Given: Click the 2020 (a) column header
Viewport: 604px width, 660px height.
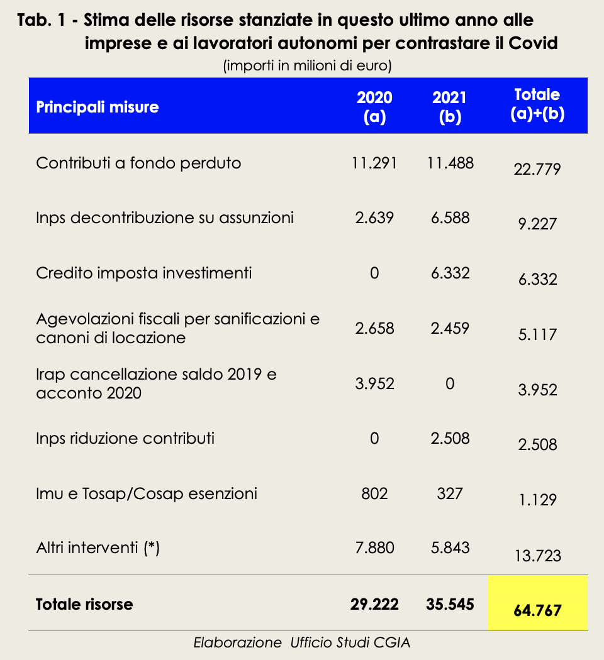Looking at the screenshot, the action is [374, 107].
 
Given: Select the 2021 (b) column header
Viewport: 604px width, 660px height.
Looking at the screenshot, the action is [449, 107].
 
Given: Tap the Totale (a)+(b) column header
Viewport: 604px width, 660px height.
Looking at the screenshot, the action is [537, 104].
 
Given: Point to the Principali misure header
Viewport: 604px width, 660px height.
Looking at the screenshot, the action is [98, 107].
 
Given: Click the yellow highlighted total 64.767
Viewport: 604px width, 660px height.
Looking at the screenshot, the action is [537, 610].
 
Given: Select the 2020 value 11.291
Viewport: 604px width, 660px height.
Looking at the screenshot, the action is [374, 163].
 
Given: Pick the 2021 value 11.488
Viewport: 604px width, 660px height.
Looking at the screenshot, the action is [450, 163].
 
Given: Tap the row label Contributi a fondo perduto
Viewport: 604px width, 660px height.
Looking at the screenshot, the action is [138, 163].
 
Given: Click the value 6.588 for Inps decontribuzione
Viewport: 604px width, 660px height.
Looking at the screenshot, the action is [450, 218].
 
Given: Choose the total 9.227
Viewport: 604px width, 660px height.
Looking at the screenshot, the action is [537, 224].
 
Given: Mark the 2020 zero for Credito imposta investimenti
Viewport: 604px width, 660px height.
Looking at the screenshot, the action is [374, 273].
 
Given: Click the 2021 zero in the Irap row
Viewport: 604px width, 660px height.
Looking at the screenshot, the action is [450, 383].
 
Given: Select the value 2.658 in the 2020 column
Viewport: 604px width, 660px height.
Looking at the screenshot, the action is [374, 328].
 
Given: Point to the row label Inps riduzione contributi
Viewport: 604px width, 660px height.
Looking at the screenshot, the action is [125, 439].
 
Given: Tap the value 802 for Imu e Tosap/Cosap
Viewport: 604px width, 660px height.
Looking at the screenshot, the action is [374, 493].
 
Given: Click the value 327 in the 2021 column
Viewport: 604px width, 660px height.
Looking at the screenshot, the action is [450, 493].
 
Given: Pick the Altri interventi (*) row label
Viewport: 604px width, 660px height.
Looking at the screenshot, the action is [98, 548].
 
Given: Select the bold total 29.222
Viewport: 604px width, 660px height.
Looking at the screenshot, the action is [374, 605].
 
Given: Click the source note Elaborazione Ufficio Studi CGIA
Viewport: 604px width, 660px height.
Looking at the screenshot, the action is [301, 643].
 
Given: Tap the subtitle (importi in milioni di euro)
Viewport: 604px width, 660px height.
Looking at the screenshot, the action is [308, 65].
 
